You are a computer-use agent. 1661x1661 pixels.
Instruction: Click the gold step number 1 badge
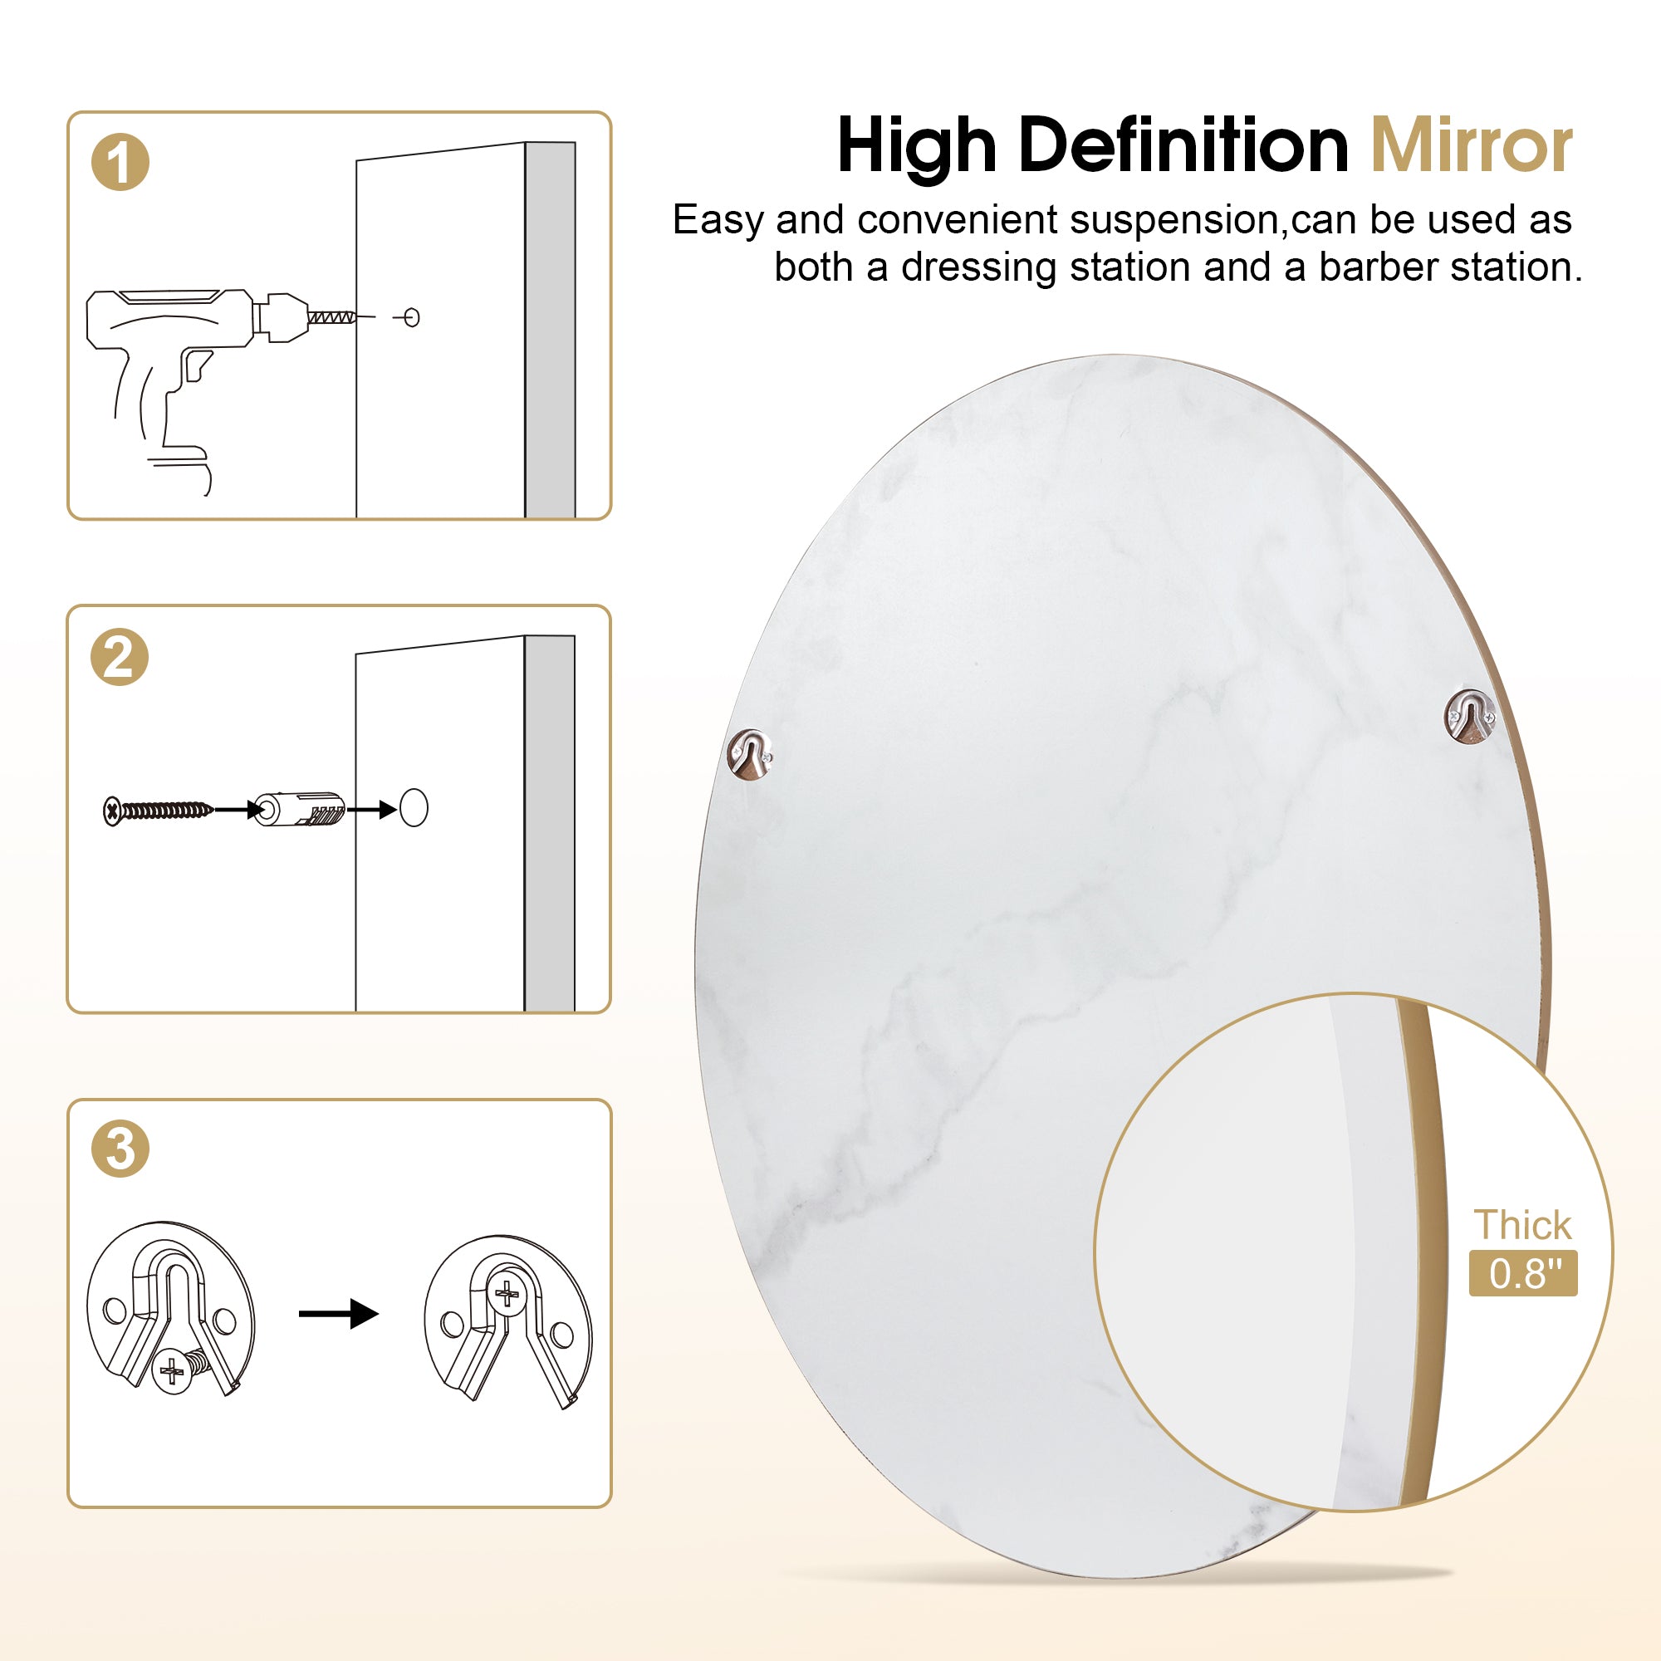[x=120, y=162]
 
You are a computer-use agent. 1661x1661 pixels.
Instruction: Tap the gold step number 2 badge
[x=120, y=657]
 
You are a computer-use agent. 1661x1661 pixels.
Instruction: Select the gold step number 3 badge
[x=120, y=1149]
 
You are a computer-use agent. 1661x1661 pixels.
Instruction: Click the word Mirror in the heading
[x=1471, y=146]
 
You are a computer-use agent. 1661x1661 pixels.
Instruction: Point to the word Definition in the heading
[x=1183, y=146]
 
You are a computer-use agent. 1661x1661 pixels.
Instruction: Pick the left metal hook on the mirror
[x=750, y=753]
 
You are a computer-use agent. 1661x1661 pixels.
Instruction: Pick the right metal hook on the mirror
[x=1469, y=716]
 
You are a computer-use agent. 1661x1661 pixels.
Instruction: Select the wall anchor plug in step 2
[x=300, y=809]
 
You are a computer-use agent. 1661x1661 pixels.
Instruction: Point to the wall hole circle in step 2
[x=414, y=807]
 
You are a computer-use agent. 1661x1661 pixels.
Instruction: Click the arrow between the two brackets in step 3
[x=339, y=1313]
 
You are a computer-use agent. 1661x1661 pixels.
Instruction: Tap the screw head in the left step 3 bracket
[x=172, y=1369]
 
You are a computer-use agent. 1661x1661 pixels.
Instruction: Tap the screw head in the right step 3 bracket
[x=507, y=1293]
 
